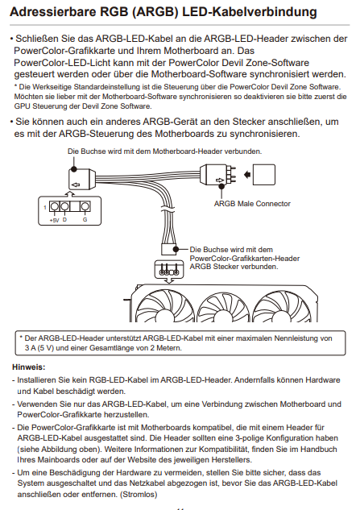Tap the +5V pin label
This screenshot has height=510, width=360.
pos(54,220)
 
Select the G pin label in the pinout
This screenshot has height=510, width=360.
pos(85,219)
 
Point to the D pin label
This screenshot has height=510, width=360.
pos(64,219)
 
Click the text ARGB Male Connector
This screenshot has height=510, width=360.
pos(252,204)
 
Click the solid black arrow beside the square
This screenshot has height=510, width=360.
pos(247,175)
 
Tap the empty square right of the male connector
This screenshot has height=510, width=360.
pos(263,175)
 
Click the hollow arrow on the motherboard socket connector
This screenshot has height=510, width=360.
pos(76,185)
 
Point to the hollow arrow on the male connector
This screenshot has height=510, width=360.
pos(220,180)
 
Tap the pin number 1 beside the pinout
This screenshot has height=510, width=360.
pos(45,207)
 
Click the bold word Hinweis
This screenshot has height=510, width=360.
pos(29,367)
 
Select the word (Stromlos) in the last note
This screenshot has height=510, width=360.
pos(139,495)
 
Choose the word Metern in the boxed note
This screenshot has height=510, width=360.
pos(169,348)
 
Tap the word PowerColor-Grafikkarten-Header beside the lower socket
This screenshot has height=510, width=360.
pos(245,259)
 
